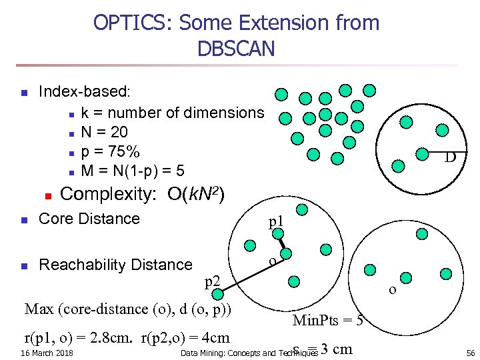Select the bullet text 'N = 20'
click(104, 132)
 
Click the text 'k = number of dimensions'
click(172, 113)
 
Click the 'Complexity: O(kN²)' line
click(142, 195)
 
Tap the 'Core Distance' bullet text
click(89, 219)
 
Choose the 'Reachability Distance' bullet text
click(115, 265)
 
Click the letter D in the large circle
click(450, 158)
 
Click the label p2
click(213, 281)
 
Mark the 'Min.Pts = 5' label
click(328, 321)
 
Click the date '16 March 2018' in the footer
click(47, 352)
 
